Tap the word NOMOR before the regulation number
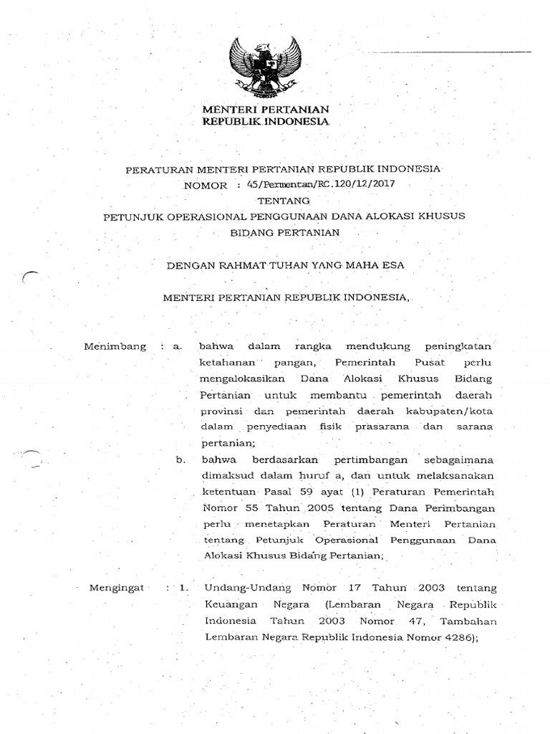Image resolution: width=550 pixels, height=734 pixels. (206, 184)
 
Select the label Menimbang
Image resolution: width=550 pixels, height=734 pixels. (115, 346)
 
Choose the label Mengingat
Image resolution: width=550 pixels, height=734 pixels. (115, 588)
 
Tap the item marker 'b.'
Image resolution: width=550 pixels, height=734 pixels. (180, 459)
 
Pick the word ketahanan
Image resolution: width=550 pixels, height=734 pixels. (224, 362)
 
